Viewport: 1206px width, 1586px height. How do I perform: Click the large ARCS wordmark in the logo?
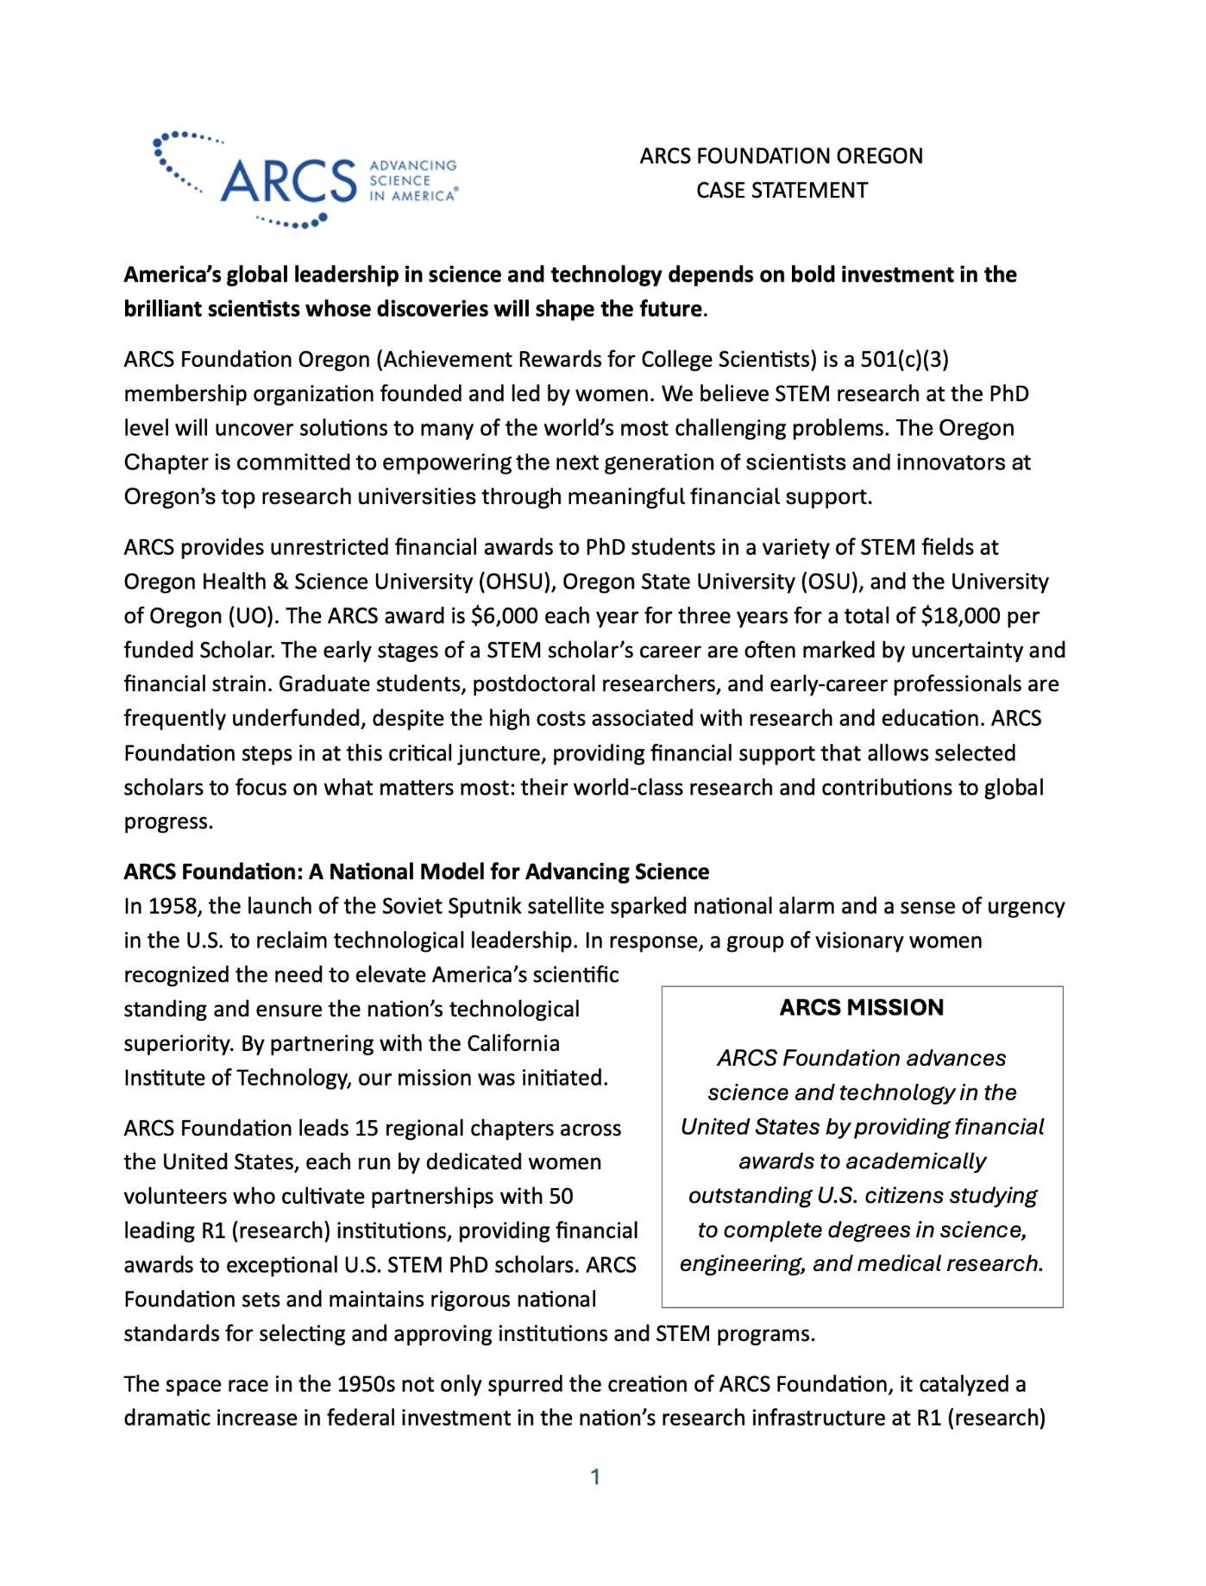coord(288,181)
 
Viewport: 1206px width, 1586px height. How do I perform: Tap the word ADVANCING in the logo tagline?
coord(413,166)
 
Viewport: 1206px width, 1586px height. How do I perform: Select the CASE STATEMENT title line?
coord(782,191)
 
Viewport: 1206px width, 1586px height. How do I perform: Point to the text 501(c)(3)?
coord(905,360)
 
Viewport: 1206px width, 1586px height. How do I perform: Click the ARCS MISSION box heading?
coord(862,1008)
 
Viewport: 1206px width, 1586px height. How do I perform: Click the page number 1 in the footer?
coord(595,1477)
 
